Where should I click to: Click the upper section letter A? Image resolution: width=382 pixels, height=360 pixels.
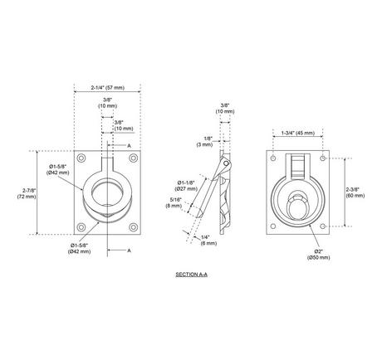[x=129, y=145]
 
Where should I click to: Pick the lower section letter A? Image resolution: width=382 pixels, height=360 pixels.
[x=129, y=250]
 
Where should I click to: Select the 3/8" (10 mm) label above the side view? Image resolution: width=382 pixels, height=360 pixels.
[x=225, y=109]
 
